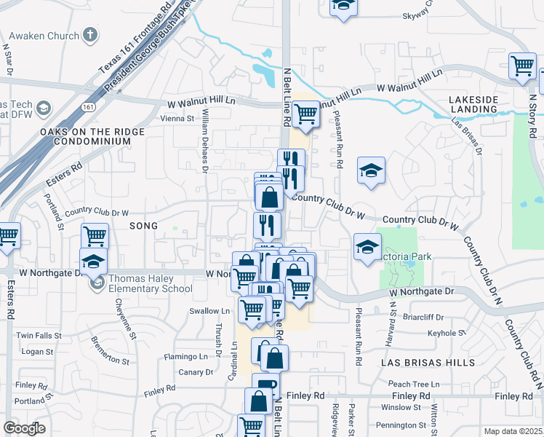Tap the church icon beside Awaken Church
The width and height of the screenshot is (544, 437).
tap(90, 35)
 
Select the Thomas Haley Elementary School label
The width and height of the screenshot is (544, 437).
tap(150, 283)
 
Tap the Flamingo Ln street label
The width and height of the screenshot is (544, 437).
tap(185, 357)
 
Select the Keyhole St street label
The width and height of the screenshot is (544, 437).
tap(447, 333)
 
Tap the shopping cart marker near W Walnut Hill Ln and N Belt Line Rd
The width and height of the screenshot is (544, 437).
tap(306, 114)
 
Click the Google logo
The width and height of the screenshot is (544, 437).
tap(24, 428)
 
